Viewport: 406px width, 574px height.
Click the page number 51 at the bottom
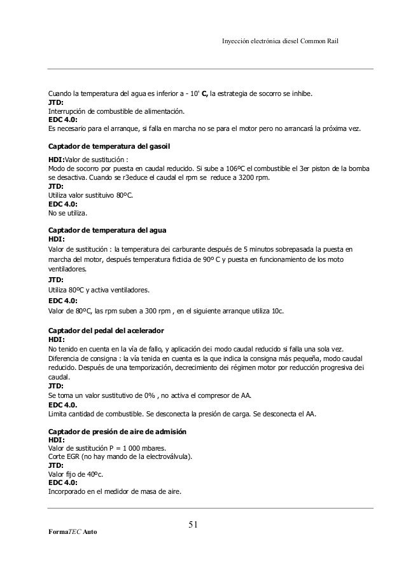click(x=193, y=524)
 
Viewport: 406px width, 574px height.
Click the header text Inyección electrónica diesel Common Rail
click(x=280, y=41)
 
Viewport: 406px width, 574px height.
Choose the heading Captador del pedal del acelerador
click(x=106, y=331)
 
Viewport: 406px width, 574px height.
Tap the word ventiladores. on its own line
click(x=67, y=269)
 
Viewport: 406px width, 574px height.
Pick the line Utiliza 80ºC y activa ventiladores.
click(x=99, y=290)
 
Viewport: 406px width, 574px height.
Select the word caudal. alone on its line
click(x=60, y=376)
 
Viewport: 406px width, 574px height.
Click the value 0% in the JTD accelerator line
click(x=150, y=395)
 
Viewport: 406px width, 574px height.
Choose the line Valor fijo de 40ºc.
click(x=76, y=474)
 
